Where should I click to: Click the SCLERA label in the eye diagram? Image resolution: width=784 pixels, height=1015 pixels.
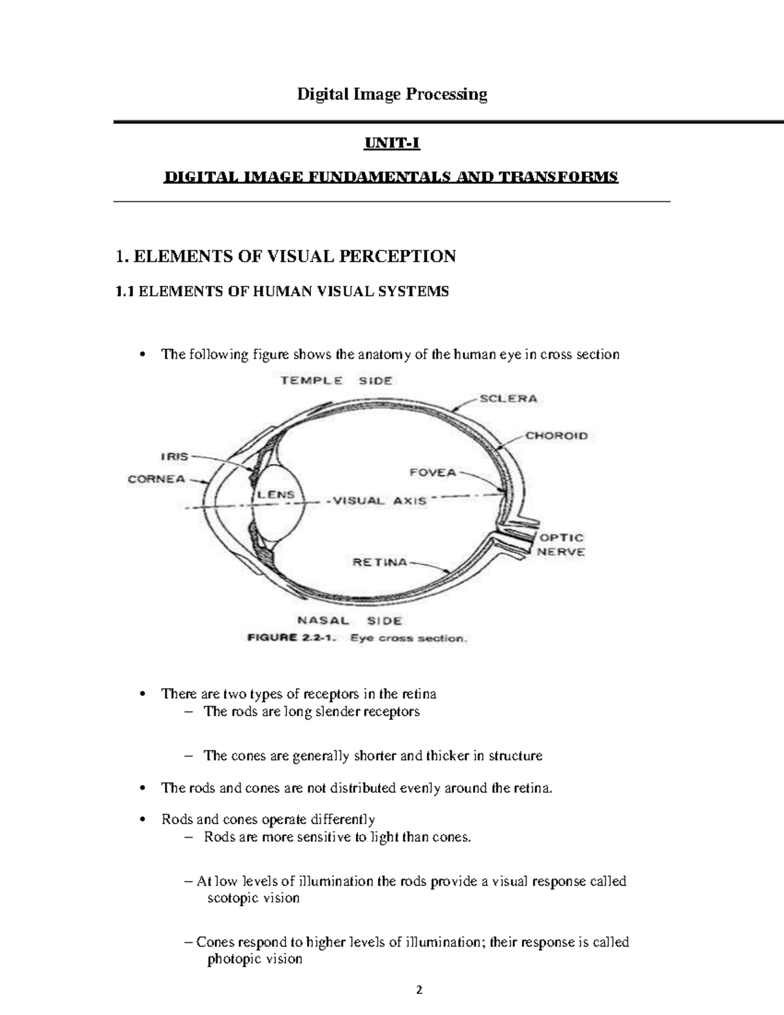point(508,398)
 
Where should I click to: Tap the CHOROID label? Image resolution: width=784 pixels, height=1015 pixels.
point(557,435)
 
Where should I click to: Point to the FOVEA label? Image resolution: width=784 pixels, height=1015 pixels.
point(433,472)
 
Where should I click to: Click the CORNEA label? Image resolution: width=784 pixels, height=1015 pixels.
point(156,478)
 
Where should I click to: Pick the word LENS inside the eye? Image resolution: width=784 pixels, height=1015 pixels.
point(276,495)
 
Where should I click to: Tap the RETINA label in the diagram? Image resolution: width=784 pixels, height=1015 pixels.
point(380,561)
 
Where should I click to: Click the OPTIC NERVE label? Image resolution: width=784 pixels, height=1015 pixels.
point(561,544)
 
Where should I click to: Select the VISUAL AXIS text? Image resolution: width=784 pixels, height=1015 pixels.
point(380,501)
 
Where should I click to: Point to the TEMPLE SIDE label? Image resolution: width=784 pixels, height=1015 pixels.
point(336,380)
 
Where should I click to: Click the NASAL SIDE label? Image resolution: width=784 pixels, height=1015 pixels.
point(350,620)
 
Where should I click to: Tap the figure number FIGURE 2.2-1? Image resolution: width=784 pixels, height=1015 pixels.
point(292,639)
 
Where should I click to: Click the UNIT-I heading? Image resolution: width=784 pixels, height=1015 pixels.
point(392,143)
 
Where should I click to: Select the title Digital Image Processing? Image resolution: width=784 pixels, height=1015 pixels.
point(392,95)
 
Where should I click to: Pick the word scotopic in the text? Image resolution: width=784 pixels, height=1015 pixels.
point(233,898)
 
